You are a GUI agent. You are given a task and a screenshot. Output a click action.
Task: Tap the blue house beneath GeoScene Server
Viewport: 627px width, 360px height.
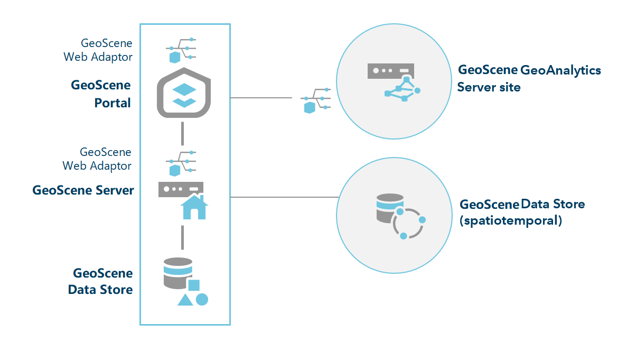tap(194, 207)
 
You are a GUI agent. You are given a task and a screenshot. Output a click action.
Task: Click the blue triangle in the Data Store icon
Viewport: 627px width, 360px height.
tap(185, 300)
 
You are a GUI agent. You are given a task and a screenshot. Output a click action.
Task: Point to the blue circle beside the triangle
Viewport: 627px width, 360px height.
tap(202, 299)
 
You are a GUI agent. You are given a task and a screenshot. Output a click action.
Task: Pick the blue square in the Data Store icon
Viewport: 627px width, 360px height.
tap(194, 285)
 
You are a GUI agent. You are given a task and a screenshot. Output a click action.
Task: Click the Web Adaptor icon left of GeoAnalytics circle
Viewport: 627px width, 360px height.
tap(316, 99)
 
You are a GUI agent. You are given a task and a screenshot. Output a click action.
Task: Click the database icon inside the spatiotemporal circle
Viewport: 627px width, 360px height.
tap(389, 208)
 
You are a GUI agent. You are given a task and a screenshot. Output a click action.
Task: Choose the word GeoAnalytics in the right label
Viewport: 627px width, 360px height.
tap(560, 70)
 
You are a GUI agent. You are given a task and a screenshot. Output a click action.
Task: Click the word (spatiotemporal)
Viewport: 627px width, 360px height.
tap(511, 220)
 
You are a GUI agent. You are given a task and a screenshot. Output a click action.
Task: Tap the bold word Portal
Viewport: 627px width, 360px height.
tap(113, 103)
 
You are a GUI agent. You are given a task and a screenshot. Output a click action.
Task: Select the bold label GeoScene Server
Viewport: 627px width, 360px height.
tap(83, 190)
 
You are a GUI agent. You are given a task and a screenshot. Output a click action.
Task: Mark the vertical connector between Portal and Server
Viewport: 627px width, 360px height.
tap(182, 133)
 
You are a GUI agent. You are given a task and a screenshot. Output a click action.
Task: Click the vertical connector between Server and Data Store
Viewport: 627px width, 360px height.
tap(182, 237)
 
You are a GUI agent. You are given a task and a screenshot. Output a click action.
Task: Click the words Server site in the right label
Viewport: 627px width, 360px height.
tap(489, 87)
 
